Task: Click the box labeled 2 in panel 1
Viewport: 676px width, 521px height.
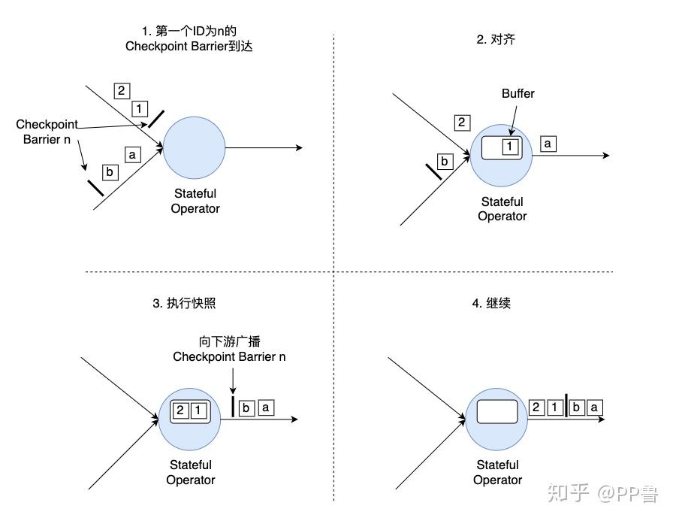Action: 121,91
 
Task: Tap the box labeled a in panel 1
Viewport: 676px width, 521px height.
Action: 133,155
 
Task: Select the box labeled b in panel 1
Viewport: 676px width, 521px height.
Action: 110,172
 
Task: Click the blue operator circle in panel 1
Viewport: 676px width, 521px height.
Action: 194,147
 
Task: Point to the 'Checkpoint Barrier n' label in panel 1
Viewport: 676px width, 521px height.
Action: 47,132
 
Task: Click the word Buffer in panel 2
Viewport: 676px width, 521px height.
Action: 518,94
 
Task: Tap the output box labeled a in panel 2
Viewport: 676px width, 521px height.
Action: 548,142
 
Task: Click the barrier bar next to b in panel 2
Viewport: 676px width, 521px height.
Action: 433,169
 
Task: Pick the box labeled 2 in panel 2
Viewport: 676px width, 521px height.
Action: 463,123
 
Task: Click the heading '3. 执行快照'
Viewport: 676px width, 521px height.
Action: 184,304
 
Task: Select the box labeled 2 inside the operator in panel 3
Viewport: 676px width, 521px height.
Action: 180,410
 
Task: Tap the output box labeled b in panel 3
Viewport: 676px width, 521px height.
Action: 247,407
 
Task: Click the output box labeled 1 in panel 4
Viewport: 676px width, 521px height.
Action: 554,407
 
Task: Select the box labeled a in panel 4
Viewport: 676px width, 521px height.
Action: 595,407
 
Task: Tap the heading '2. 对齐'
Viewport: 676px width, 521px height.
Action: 496,39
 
